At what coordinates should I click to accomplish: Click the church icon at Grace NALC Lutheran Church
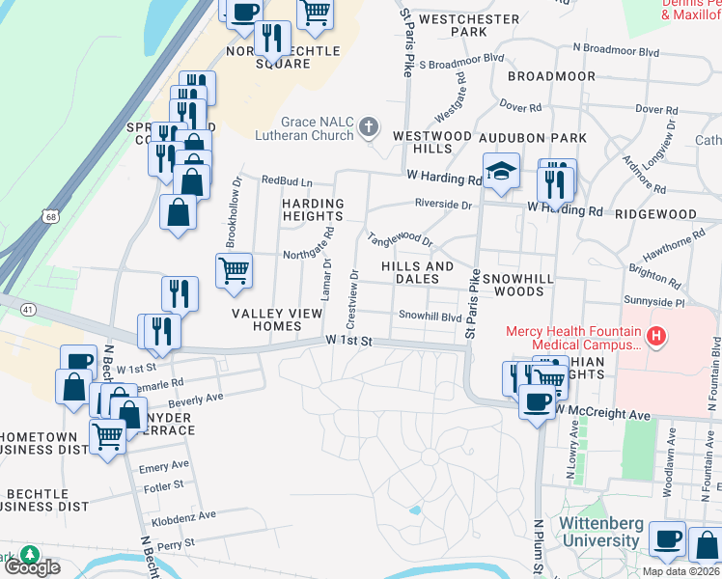point(368,127)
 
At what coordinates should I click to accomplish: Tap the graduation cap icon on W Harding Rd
point(501,173)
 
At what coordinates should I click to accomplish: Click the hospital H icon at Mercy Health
point(656,337)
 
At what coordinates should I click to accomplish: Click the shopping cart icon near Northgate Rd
point(235,270)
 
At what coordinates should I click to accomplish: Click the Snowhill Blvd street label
point(430,316)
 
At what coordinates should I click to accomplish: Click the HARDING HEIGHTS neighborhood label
point(313,210)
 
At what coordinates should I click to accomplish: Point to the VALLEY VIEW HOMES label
point(266,319)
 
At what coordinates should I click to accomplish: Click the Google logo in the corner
point(32,567)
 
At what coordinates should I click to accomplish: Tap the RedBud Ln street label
point(287,180)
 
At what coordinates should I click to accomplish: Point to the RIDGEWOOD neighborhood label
point(655,214)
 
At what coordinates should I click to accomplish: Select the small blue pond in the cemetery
point(414,510)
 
